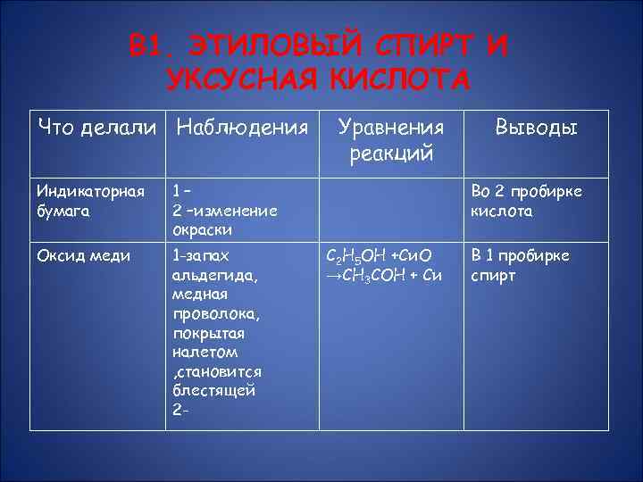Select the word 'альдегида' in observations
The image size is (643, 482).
click(202, 275)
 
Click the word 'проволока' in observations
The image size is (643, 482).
click(206, 313)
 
